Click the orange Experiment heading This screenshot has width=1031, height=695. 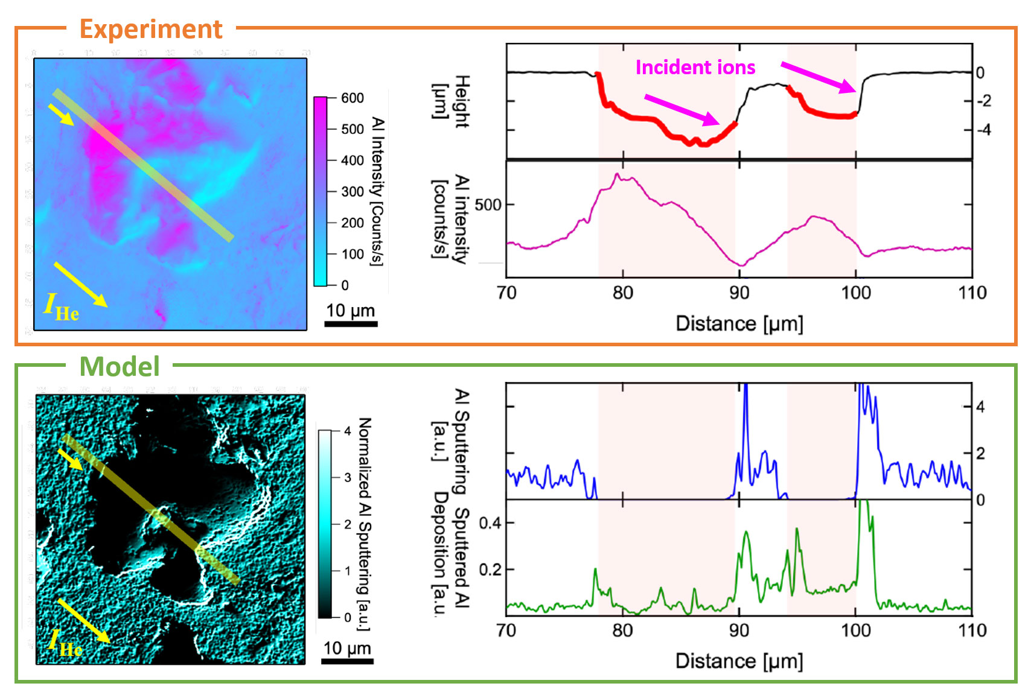point(151,29)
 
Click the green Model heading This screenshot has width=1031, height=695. point(120,366)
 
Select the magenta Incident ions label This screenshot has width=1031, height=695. point(695,67)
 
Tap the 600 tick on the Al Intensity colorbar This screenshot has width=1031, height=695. point(352,98)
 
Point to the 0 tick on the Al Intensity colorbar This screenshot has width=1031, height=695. point(345,285)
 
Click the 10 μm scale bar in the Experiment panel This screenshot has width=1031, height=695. point(351,323)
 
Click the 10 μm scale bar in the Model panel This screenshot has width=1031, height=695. point(347,661)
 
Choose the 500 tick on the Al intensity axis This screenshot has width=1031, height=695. point(488,205)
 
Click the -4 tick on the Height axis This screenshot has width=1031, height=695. point(984,130)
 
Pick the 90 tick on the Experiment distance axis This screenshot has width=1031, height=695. point(739,293)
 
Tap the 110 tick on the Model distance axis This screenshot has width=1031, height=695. point(972,630)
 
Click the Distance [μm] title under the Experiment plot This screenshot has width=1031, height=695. point(739,323)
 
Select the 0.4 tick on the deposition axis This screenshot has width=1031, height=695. point(490,522)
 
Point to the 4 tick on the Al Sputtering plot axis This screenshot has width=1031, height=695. point(980,407)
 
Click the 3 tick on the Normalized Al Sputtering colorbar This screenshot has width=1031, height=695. point(348,477)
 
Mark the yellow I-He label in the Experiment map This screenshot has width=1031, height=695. point(61,306)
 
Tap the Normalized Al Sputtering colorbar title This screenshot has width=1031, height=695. point(364,524)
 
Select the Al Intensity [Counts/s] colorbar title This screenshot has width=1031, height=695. point(377,191)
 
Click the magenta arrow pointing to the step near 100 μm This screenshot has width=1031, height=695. point(819,77)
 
